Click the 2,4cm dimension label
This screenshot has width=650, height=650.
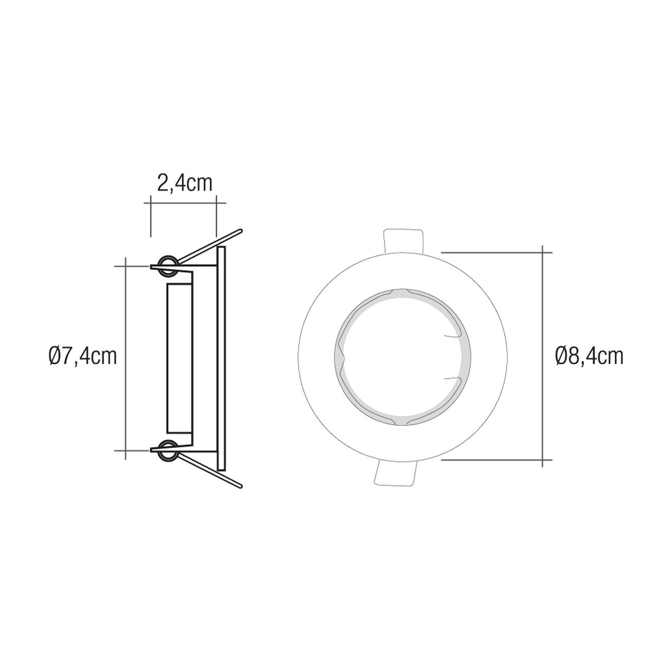click(x=184, y=184)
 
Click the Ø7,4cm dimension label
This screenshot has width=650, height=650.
click(x=82, y=356)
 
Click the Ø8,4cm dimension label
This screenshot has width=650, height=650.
click(x=589, y=356)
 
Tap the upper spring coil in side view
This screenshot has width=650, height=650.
click(x=166, y=264)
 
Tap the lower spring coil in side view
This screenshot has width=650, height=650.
click(x=166, y=449)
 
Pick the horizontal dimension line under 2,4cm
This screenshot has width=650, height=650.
click(x=184, y=202)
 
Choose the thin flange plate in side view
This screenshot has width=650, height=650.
click(x=220, y=358)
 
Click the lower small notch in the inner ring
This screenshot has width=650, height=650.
click(x=451, y=376)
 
